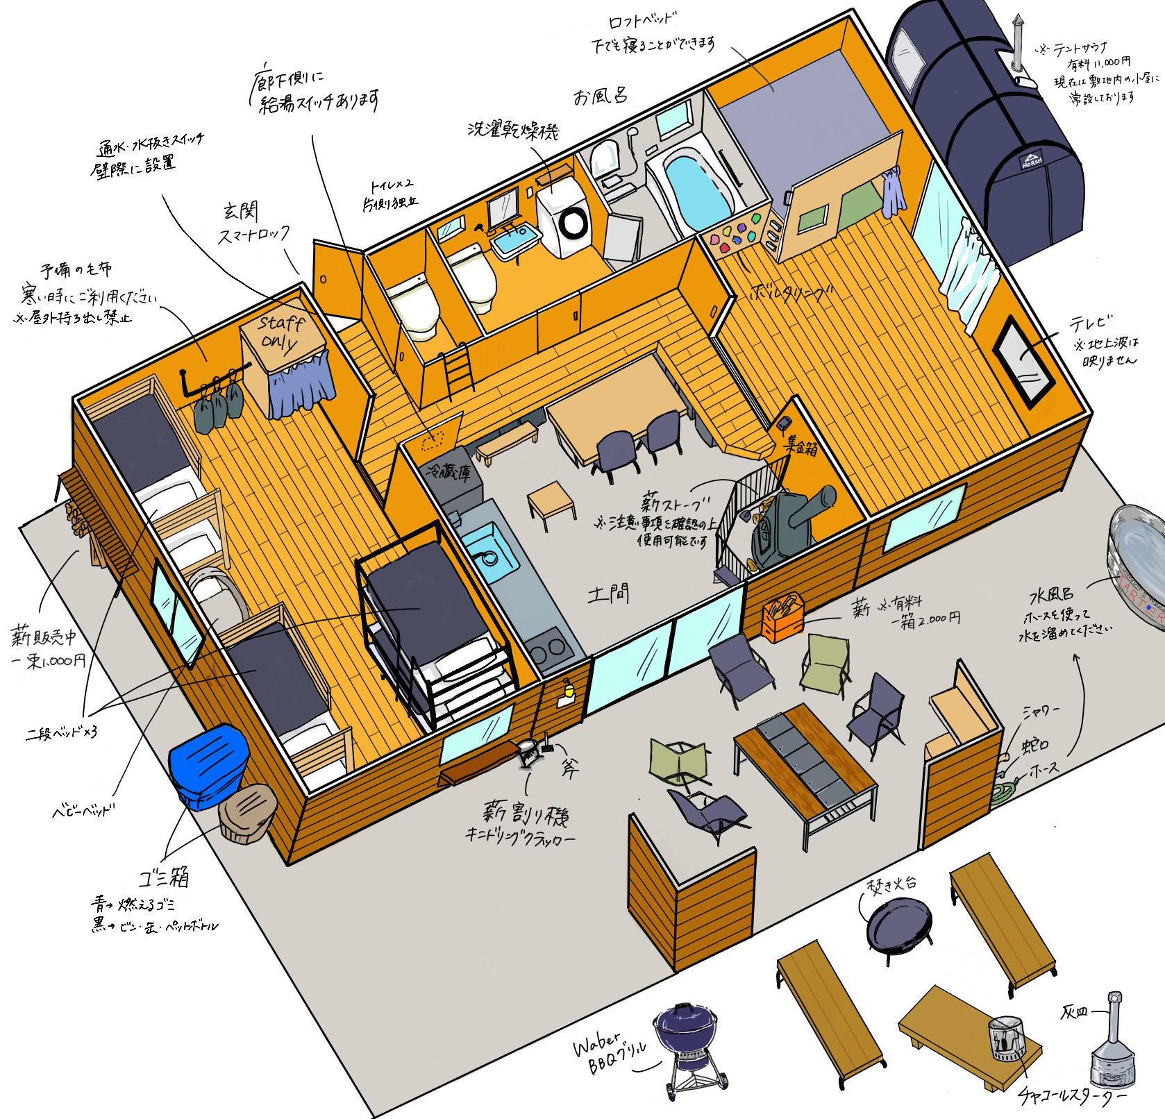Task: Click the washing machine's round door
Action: click(573, 224)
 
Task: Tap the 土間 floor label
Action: click(608, 594)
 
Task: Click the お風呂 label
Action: click(600, 96)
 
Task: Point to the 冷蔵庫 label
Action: click(449, 472)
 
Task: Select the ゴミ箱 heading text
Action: click(164, 877)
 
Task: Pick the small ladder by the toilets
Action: click(459, 375)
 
